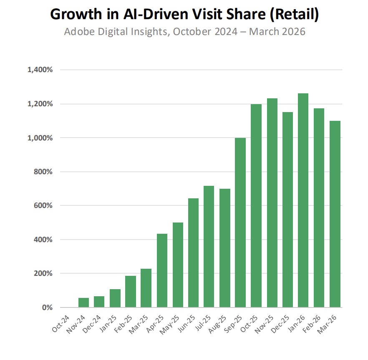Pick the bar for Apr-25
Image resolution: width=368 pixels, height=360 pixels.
point(162,270)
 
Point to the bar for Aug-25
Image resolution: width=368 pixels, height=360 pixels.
point(225,248)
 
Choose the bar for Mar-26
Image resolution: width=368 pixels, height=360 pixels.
point(335,214)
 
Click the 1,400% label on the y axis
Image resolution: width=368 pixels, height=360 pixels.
point(40,70)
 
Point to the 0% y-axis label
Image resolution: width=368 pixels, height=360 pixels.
point(46,307)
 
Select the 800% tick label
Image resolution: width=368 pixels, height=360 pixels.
point(43,172)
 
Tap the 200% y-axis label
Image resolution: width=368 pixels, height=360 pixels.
point(43,274)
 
